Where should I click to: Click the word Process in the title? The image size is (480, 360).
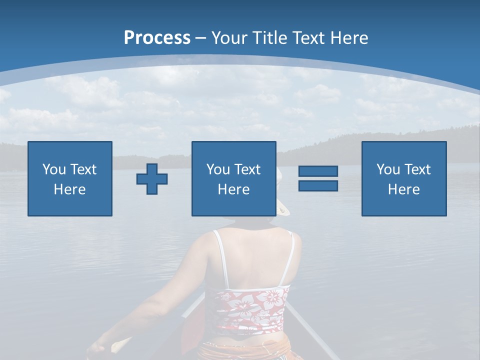(157, 38)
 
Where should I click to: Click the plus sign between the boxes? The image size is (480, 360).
(152, 179)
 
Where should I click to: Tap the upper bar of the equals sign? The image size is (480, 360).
(318, 171)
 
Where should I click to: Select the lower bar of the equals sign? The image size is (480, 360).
(318, 185)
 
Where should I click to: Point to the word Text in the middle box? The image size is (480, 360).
(247, 169)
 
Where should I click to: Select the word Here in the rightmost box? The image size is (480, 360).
(403, 189)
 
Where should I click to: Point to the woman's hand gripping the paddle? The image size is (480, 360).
(97, 348)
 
